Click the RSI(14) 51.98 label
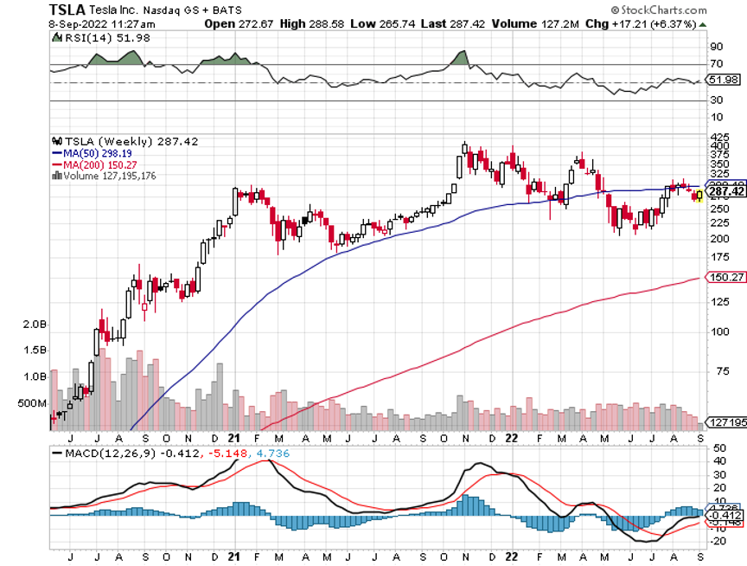tap(93, 38)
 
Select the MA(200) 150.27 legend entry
tap(97, 164)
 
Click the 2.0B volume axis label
tap(34, 324)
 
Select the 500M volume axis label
tap(31, 403)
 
